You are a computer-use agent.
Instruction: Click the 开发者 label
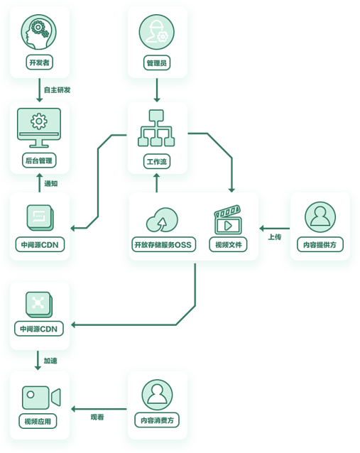(39, 62)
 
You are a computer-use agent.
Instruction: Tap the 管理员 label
(157, 62)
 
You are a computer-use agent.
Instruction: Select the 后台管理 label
(39, 160)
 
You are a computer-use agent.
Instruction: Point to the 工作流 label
(157, 161)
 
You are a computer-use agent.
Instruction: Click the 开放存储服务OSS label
(163, 245)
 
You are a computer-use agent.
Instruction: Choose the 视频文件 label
(228, 245)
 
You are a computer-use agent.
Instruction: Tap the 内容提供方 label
(320, 245)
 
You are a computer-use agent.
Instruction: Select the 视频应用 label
(38, 421)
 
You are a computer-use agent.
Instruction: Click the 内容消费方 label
(157, 420)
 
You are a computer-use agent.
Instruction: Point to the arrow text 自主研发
(58, 90)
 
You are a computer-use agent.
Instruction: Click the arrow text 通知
(51, 183)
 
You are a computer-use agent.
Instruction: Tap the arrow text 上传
(275, 237)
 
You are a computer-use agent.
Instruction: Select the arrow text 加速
(50, 361)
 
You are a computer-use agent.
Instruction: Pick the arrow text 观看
(97, 417)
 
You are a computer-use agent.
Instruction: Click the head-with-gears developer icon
(39, 33)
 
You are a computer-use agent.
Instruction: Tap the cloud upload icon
(162, 220)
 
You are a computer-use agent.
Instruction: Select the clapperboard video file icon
(228, 219)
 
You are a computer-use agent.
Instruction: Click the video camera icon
(41, 398)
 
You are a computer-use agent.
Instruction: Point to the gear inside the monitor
(39, 121)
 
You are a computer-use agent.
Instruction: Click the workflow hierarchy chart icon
(156, 128)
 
